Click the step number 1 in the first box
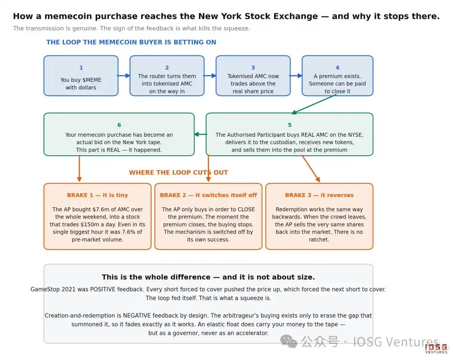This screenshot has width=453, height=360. coord(81,68)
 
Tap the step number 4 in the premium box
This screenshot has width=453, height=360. coord(337,68)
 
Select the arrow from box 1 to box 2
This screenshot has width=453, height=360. coord(124,76)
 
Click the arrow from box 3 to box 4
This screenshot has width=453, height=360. coord(296,76)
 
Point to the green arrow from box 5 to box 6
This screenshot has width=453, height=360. coord(201,134)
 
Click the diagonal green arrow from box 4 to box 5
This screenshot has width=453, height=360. coord(314,104)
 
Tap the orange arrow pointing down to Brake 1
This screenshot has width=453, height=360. coord(79,168)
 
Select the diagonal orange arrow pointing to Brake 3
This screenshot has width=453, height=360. coord(311,168)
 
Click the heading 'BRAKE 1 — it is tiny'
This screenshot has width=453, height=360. coord(97,195)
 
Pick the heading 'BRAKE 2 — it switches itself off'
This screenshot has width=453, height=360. coord(208,195)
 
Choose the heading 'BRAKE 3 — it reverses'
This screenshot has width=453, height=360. coord(319,195)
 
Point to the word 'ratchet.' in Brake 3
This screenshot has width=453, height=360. coord(319,240)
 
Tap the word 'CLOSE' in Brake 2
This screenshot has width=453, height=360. coord(246,209)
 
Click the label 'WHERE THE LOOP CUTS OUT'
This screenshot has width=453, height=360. coord(179,172)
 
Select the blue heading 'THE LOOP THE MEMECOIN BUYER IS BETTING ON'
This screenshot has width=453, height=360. coord(131,42)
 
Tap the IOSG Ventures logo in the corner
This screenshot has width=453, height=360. coord(436,348)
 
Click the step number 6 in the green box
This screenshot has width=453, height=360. coord(119,125)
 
